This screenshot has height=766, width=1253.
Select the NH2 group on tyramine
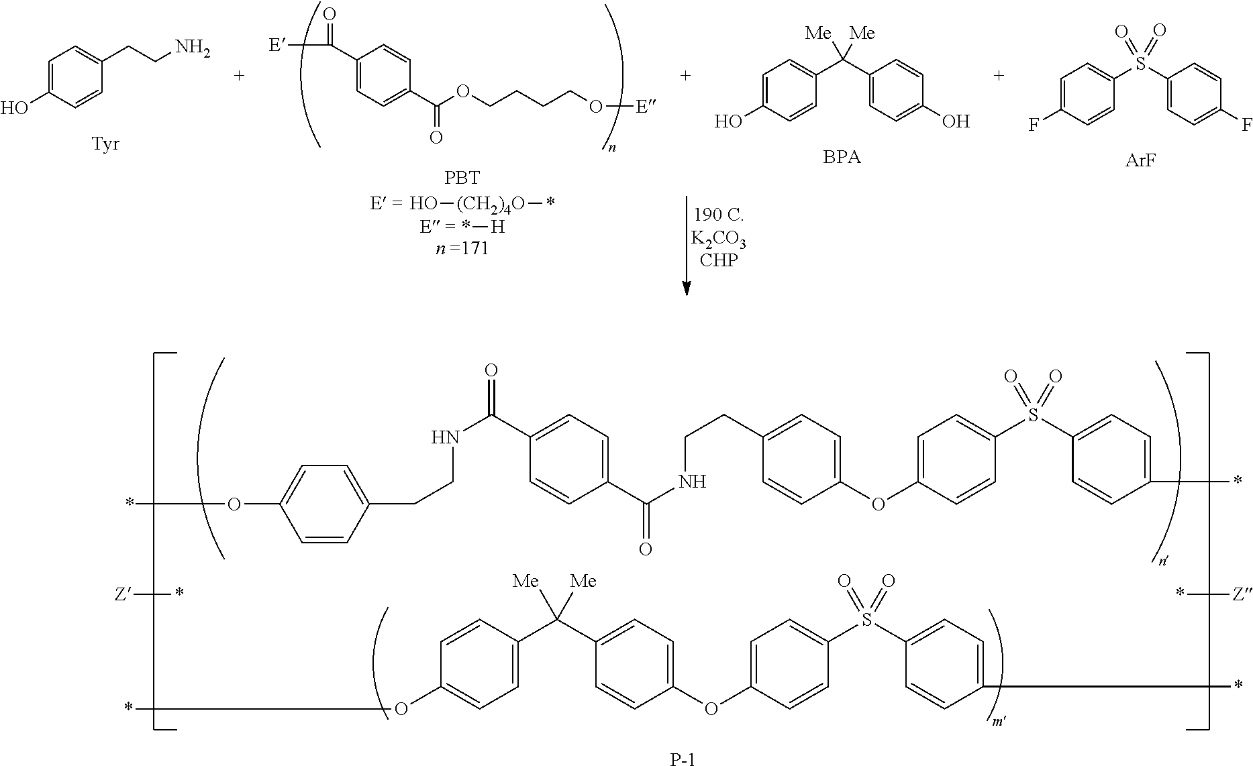coord(192,48)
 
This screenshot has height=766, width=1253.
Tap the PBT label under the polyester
coord(462,178)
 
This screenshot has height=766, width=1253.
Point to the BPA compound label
coord(842,158)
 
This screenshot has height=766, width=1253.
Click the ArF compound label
coord(1140,161)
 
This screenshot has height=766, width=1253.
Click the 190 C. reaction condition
coord(719,215)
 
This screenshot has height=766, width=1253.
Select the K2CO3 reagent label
coord(719,239)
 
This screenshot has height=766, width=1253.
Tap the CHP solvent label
coord(718,260)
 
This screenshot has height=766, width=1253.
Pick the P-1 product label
coord(683,759)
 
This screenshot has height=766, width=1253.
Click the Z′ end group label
coord(123,594)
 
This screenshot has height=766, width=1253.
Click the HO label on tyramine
coord(15,107)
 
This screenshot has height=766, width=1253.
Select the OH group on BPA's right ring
coord(956,121)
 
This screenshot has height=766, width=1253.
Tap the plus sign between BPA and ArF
coord(999,75)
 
